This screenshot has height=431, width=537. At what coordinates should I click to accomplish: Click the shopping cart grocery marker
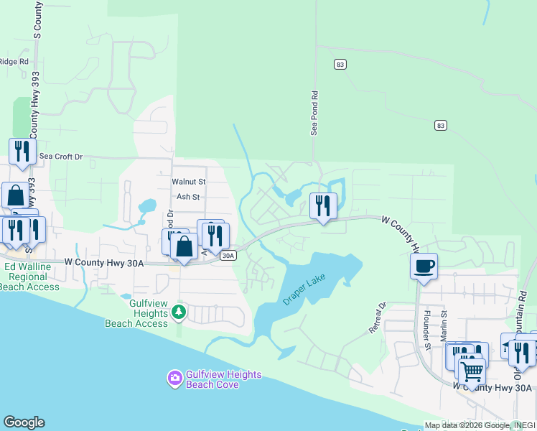click(471, 371)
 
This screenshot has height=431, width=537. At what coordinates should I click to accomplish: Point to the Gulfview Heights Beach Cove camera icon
click(174, 378)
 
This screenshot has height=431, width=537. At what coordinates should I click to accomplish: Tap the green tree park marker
click(178, 313)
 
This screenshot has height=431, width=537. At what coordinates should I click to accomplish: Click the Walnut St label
click(189, 182)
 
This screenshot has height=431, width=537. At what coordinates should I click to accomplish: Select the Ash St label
click(187, 196)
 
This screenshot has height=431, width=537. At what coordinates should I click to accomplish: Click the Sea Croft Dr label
click(61, 156)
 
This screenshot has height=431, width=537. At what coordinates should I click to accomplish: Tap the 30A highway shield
click(228, 255)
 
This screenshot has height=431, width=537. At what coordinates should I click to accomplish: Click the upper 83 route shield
click(340, 65)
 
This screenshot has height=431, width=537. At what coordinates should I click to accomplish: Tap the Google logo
click(24, 422)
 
